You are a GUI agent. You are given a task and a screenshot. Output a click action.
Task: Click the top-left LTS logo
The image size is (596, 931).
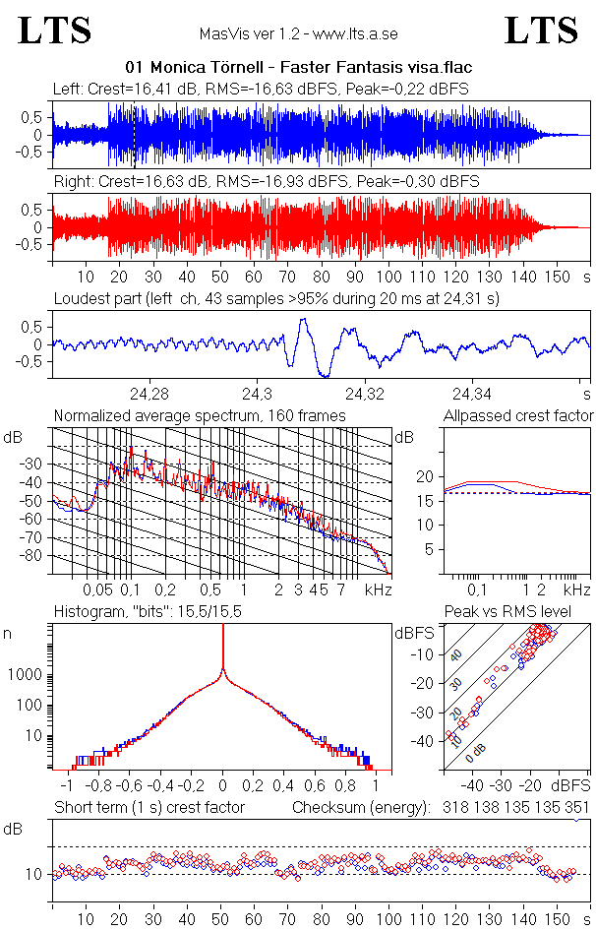55,31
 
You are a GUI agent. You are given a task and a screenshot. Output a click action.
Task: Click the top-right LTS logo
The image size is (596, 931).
540,31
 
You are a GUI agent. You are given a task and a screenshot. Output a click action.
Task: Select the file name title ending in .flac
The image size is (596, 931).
299,68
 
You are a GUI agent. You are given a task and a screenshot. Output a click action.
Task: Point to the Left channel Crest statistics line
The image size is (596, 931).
261,89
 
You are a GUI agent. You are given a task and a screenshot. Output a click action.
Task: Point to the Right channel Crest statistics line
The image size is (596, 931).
266,182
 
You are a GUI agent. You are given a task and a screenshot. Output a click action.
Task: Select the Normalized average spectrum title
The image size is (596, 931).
200,416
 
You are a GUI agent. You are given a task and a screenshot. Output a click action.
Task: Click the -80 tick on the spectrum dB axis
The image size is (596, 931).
37,556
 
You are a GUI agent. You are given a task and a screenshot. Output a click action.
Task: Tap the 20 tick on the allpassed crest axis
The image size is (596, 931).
426,476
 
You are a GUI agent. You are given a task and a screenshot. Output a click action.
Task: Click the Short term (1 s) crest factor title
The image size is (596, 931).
149,808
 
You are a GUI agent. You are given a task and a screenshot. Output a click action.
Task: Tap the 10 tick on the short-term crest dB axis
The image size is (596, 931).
31,874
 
